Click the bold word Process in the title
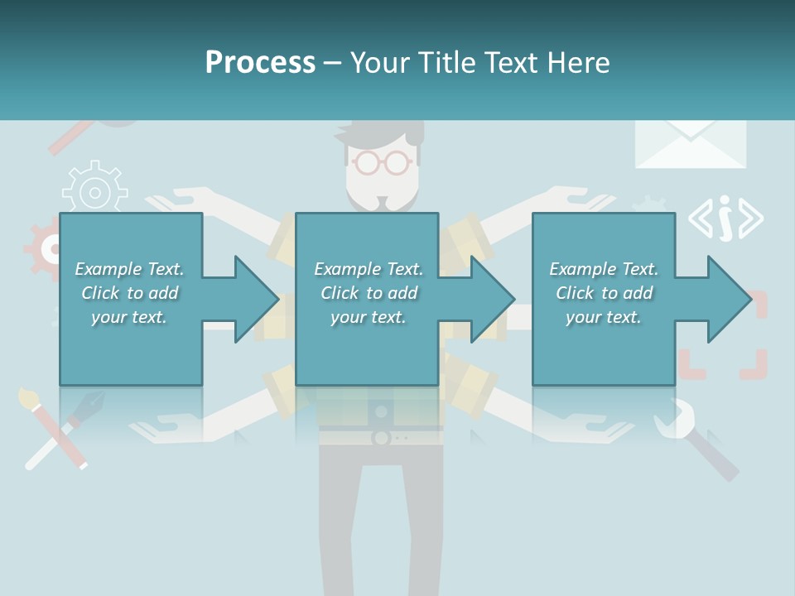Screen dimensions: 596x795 pos(260,63)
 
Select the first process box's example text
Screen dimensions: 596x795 pos(129,293)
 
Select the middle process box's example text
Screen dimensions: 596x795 pos(369,293)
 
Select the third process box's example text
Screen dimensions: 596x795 pos(604,293)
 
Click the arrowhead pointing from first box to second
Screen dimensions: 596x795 pos(257,299)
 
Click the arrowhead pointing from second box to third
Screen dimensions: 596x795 pos(493,299)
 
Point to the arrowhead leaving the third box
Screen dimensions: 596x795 pos(730,299)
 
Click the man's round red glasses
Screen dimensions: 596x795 pos(381,161)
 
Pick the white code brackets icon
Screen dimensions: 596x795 pos(725,219)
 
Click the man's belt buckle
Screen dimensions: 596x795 pos(382,437)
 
